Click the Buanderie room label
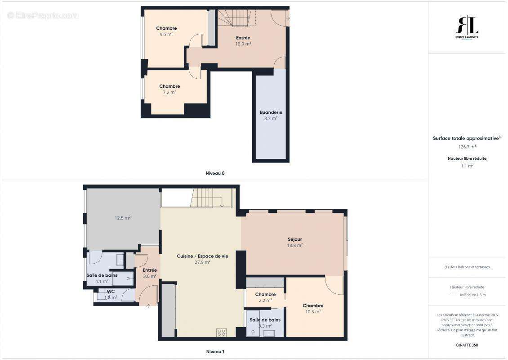tap(271, 112)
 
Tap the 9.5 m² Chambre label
tap(166, 28)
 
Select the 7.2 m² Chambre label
tap(169, 86)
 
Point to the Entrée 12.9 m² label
tap(243, 38)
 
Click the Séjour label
tap(294, 239)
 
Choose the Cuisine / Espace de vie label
tap(202, 256)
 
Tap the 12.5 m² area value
tap(122, 218)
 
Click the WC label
tap(111, 292)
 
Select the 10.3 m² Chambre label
tap(313, 306)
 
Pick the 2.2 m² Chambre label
tap(265, 295)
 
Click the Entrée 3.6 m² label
tap(150, 270)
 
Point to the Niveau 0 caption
tap(215, 173)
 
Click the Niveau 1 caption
tap(214, 351)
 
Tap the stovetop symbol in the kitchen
tap(221, 333)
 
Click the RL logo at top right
tap(467, 26)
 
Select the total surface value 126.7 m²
tap(467, 146)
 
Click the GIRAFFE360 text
tap(467, 345)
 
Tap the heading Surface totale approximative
tap(466, 139)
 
